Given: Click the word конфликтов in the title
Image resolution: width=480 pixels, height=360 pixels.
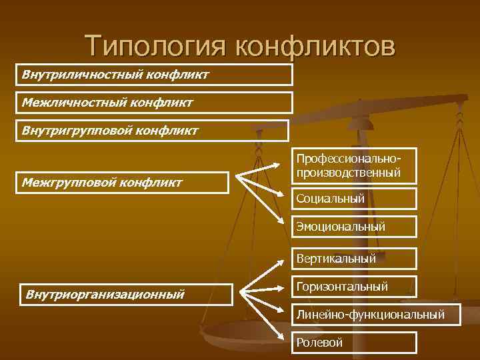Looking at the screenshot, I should click(x=315, y=46).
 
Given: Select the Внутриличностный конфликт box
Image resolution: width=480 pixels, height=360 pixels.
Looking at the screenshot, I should click(x=155, y=75).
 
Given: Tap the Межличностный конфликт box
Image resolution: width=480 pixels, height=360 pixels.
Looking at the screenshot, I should click(x=155, y=103).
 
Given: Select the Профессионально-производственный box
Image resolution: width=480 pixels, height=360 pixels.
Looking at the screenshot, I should click(x=356, y=166).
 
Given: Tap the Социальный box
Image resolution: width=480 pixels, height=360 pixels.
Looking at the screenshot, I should click(x=356, y=199).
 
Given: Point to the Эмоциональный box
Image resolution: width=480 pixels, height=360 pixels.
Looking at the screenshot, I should click(x=356, y=227).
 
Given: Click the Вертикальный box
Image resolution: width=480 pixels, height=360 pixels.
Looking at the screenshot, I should click(x=356, y=258).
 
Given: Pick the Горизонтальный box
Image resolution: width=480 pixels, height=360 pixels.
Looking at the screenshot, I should click(x=356, y=287).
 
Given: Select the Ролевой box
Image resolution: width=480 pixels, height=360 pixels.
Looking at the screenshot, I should click(x=356, y=343).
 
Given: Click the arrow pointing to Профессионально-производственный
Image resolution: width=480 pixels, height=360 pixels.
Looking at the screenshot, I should click(x=263, y=171).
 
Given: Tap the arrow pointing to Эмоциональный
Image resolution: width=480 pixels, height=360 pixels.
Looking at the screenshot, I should click(x=264, y=203).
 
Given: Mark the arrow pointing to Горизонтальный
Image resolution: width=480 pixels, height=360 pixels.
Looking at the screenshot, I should click(x=267, y=289).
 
